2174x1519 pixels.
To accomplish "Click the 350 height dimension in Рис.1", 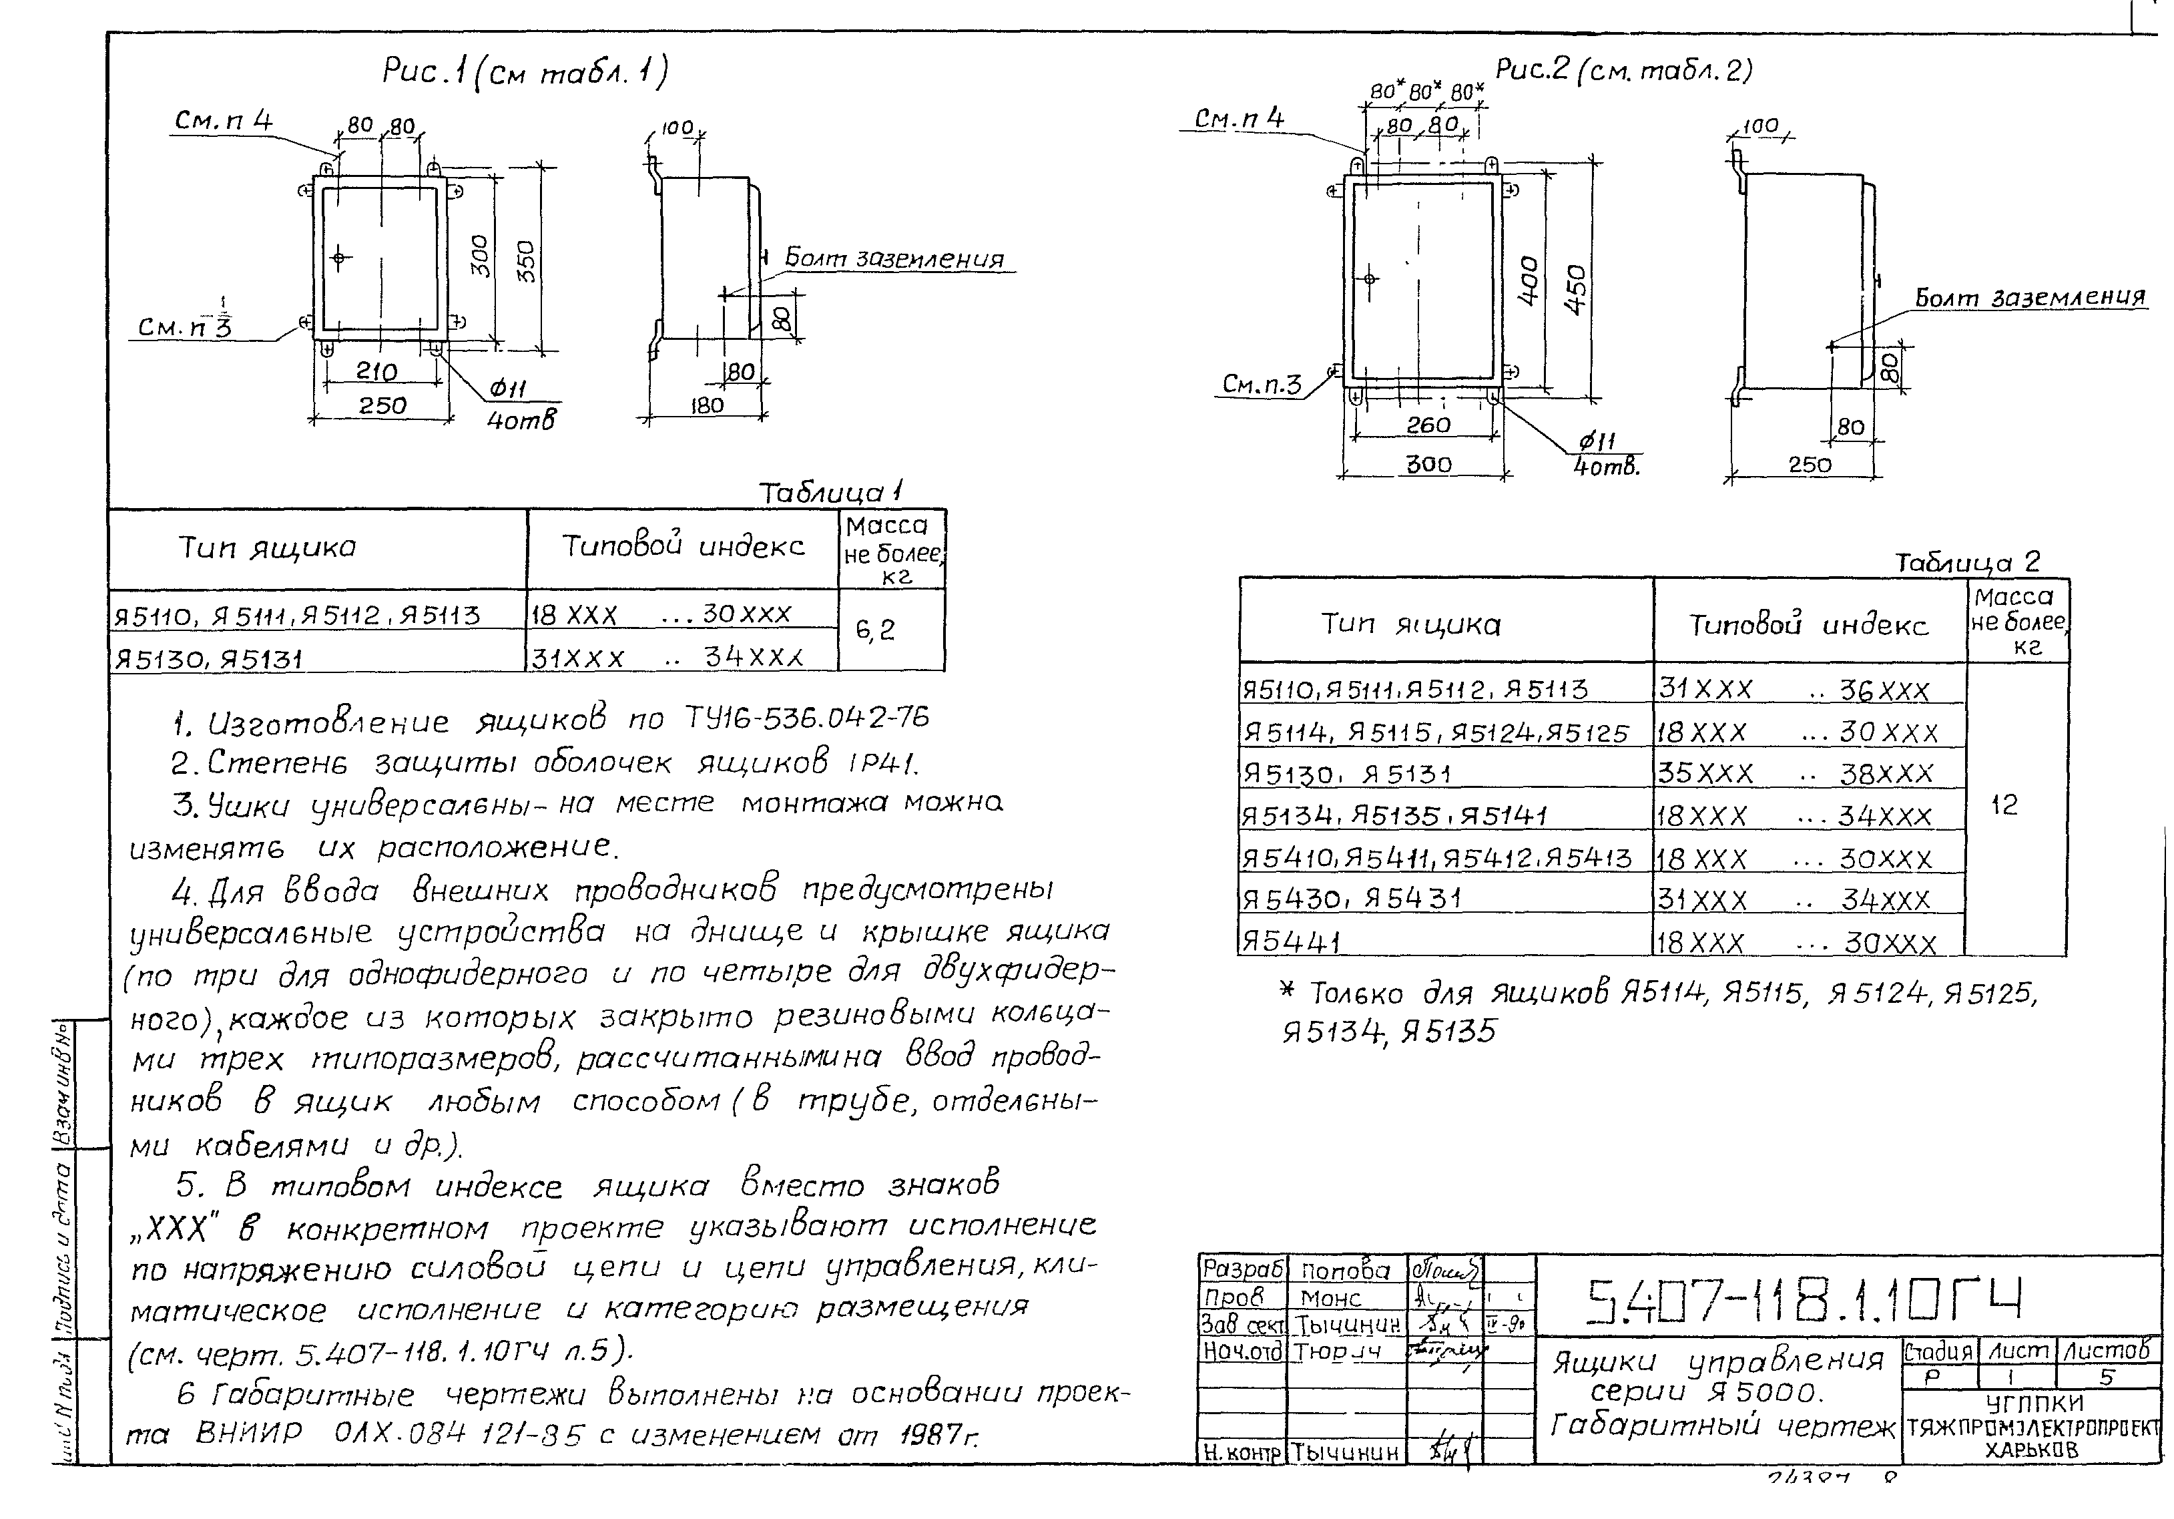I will pos(527,261).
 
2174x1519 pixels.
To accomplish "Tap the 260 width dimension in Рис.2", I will pos(1428,425).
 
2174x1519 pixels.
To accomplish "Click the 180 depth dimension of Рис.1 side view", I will pos(706,405).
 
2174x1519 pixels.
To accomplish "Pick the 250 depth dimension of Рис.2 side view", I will pos(1810,465).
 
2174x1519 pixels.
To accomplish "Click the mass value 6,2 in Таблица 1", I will pos(875,630).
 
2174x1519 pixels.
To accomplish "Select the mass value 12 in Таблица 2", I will pos(2004,805).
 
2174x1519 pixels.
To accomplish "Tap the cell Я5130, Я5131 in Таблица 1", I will pos(208,659).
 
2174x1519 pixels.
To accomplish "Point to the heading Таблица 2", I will pos(1966,562).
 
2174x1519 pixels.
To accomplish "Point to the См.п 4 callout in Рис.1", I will pos(224,120).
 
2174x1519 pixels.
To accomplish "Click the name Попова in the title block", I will pos(1344,1271).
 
